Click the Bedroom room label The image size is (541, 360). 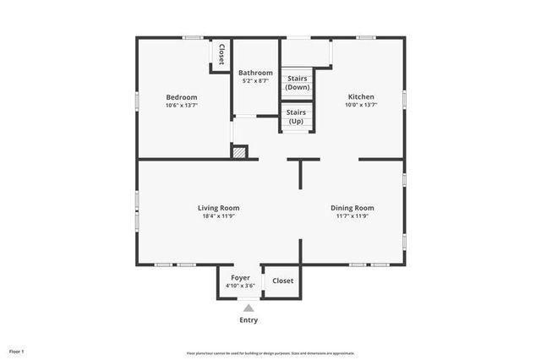(x=181, y=97)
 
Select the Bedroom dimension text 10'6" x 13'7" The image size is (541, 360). (x=181, y=106)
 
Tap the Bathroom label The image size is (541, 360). (x=255, y=74)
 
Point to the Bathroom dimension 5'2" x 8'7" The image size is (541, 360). (x=255, y=82)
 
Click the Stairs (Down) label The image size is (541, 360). (x=297, y=83)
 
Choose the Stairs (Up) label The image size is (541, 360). (x=296, y=117)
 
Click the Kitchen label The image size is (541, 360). (x=361, y=97)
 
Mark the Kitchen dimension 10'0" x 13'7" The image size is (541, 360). (x=361, y=106)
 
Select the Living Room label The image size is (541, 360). (x=218, y=208)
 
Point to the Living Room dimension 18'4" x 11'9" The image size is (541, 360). (x=218, y=216)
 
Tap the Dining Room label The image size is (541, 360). (x=352, y=208)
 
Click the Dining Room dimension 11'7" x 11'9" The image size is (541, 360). (x=352, y=216)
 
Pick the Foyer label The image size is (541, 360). (x=240, y=277)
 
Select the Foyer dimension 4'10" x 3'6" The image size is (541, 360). (x=240, y=286)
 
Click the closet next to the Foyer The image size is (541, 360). (x=282, y=281)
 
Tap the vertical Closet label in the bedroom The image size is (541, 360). (x=221, y=54)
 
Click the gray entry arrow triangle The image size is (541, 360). (x=248, y=308)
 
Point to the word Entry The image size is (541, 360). (x=248, y=320)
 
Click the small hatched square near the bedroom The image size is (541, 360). (x=240, y=153)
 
